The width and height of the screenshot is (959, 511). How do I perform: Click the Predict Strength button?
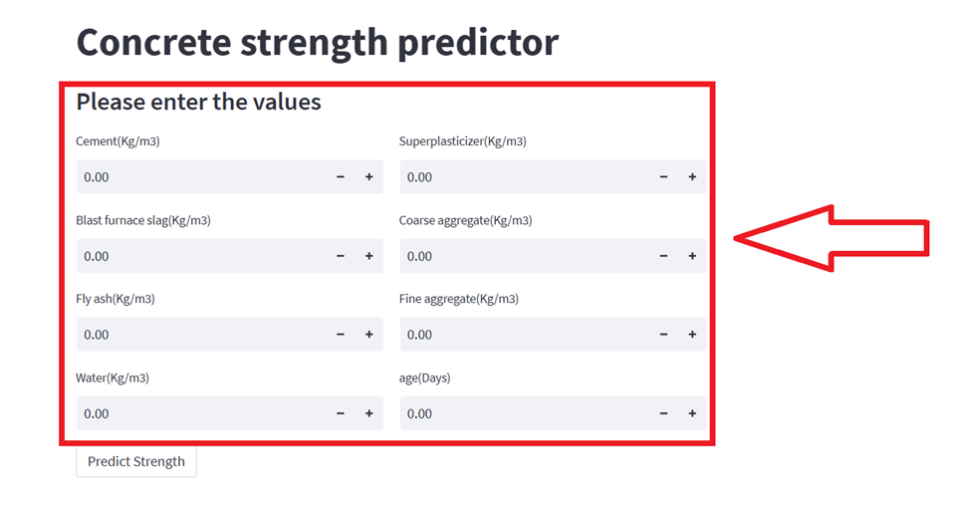136,461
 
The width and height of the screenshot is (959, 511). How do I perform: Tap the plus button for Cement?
368,177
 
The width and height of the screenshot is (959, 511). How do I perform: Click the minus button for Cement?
341,177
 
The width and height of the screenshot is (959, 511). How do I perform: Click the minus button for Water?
341,413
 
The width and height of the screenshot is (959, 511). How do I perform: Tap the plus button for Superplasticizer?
692,177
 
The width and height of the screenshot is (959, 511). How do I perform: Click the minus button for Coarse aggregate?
664,256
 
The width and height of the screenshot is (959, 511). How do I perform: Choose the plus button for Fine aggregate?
692,335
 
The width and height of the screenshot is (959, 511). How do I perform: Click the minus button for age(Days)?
664,413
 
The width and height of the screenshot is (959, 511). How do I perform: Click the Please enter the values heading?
198,102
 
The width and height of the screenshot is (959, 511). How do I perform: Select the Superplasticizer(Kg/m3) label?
462,141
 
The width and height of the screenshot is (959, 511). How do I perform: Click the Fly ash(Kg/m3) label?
116,299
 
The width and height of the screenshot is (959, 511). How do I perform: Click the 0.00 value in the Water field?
97,413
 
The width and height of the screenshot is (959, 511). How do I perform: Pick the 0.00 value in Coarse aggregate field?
420,256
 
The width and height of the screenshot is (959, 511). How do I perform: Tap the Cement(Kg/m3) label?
118,141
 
